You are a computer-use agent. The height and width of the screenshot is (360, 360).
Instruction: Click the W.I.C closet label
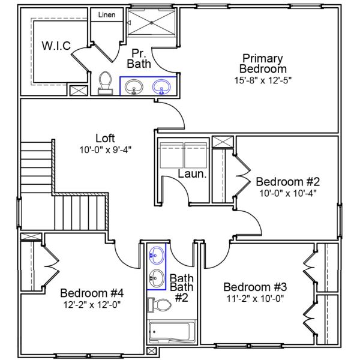coord(56,46)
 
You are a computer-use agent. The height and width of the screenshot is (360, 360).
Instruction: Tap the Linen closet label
coord(107,14)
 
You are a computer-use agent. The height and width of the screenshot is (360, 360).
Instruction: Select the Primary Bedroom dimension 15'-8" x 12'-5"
coord(262,79)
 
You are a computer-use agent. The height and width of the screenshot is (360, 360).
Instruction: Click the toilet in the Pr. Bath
coord(106,83)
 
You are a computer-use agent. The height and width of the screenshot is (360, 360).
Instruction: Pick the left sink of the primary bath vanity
coord(133,87)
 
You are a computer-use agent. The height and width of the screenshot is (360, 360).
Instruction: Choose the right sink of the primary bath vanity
coord(161,87)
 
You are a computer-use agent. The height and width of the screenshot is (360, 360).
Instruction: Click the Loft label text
coord(105,138)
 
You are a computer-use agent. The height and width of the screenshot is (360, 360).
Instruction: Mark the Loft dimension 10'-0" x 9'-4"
coord(105,149)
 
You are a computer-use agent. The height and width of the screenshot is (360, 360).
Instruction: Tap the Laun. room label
coord(193,175)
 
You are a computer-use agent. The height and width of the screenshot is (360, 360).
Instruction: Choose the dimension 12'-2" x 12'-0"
coord(92,304)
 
